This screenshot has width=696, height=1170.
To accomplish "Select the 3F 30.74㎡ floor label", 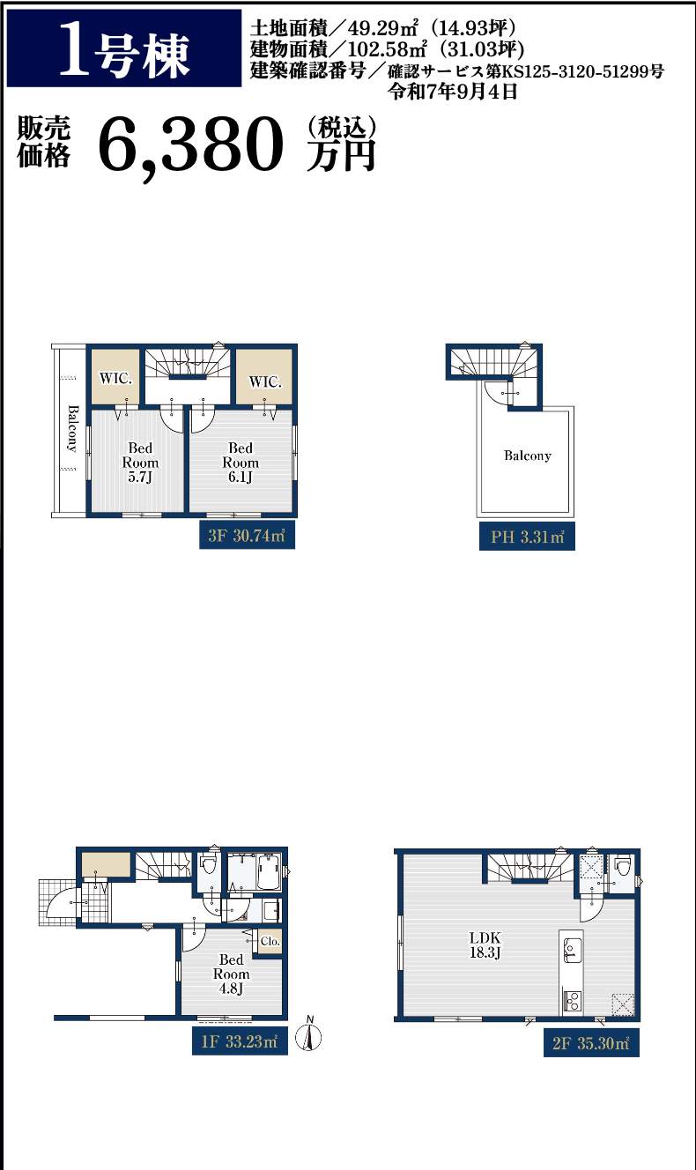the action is point(247,534).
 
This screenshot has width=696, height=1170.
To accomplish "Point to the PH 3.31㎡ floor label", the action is point(527,536).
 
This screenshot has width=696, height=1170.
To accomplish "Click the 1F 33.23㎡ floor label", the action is point(240,1041).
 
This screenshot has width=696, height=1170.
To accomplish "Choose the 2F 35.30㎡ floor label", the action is point(591,1042).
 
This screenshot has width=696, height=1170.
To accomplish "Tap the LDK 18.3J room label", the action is point(485,944).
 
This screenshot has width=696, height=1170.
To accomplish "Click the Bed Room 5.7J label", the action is point(140,463).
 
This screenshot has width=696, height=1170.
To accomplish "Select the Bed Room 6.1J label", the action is point(241,463).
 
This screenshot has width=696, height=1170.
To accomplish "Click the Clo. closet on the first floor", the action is point(270,941).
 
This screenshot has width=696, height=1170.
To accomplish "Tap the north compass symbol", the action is point(308,1034).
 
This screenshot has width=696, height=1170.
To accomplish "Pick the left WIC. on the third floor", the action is point(116,378).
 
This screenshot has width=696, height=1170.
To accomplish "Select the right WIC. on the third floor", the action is point(264,380).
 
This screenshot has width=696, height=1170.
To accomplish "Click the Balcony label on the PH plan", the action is point(528,455).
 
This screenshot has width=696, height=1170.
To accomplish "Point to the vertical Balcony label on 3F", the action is point(72,428).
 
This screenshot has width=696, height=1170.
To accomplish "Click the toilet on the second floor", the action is point(622,866).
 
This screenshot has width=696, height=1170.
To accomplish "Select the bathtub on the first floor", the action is point(269,871).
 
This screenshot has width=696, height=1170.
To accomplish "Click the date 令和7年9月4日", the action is point(452,92).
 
